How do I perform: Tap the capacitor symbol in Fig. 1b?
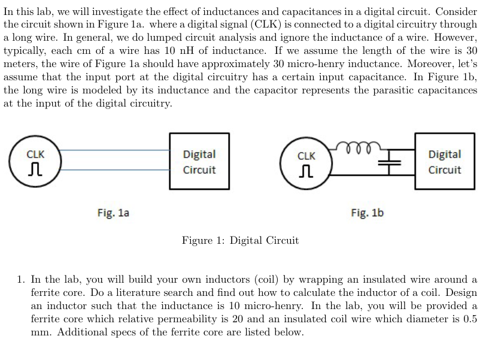(x=389, y=162)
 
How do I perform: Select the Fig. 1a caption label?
(x=113, y=213)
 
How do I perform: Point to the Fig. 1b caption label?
(x=367, y=213)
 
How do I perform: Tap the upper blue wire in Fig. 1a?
(x=115, y=150)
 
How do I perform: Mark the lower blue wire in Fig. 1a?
(x=115, y=170)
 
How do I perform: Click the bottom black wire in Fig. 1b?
(x=373, y=175)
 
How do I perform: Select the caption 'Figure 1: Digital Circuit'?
(x=240, y=240)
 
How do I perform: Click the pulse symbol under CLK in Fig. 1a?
(x=35, y=169)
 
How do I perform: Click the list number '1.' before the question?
(x=21, y=280)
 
